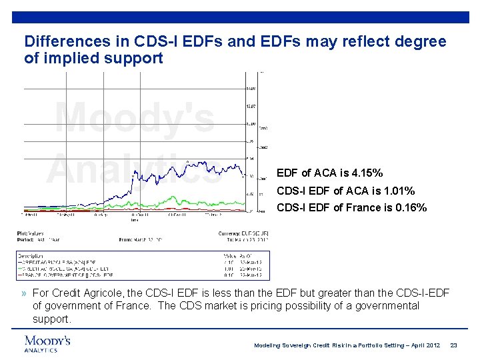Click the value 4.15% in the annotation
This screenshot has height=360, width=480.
[366, 173]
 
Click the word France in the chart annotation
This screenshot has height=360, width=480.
[371, 207]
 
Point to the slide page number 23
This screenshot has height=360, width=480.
[454, 345]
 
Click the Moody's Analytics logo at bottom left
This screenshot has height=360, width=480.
[47, 343]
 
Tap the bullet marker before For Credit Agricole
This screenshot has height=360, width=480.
[24, 293]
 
